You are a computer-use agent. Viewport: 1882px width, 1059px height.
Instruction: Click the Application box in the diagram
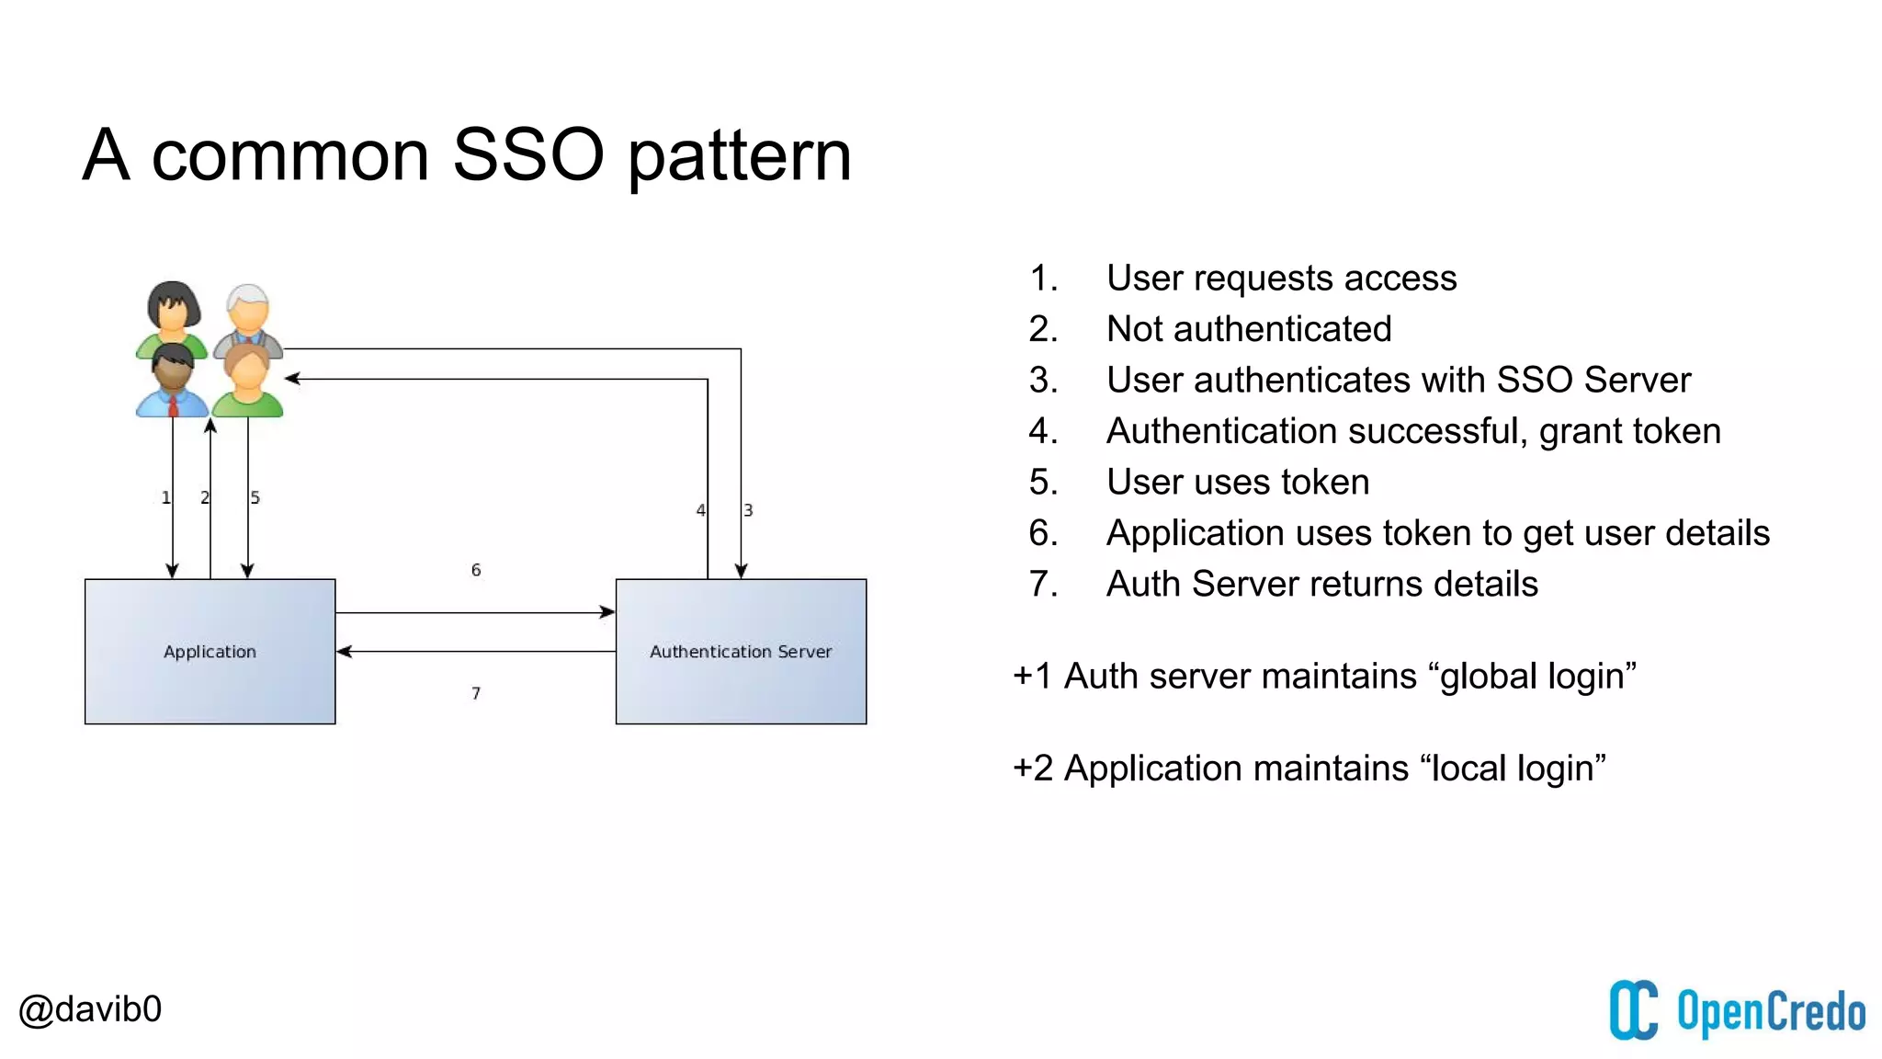tap(210, 651)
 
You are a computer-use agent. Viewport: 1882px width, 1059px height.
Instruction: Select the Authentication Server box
tap(741, 651)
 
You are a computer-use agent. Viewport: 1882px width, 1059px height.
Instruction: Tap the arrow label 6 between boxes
tap(476, 570)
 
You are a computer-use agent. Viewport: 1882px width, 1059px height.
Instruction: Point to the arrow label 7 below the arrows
tap(476, 693)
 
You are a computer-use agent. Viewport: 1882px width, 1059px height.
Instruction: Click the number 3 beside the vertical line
tap(749, 510)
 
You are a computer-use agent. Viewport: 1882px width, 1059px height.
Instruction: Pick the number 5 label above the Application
tap(255, 497)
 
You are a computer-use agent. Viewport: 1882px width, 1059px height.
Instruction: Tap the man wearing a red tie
tap(172, 381)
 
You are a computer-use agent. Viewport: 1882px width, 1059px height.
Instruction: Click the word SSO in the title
tap(527, 154)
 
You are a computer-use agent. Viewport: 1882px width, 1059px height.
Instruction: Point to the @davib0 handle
tap(90, 1009)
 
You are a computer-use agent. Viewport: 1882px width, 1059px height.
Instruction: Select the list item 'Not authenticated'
tap(1248, 329)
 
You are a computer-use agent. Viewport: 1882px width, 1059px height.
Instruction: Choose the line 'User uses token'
tap(1237, 482)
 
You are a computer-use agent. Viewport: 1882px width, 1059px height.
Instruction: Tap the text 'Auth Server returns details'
tap(1321, 584)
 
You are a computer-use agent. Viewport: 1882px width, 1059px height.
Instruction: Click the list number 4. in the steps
tap(1044, 431)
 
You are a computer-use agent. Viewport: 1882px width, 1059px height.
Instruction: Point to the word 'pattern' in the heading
tap(740, 156)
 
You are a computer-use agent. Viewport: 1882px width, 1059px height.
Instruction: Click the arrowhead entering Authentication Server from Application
tap(607, 612)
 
